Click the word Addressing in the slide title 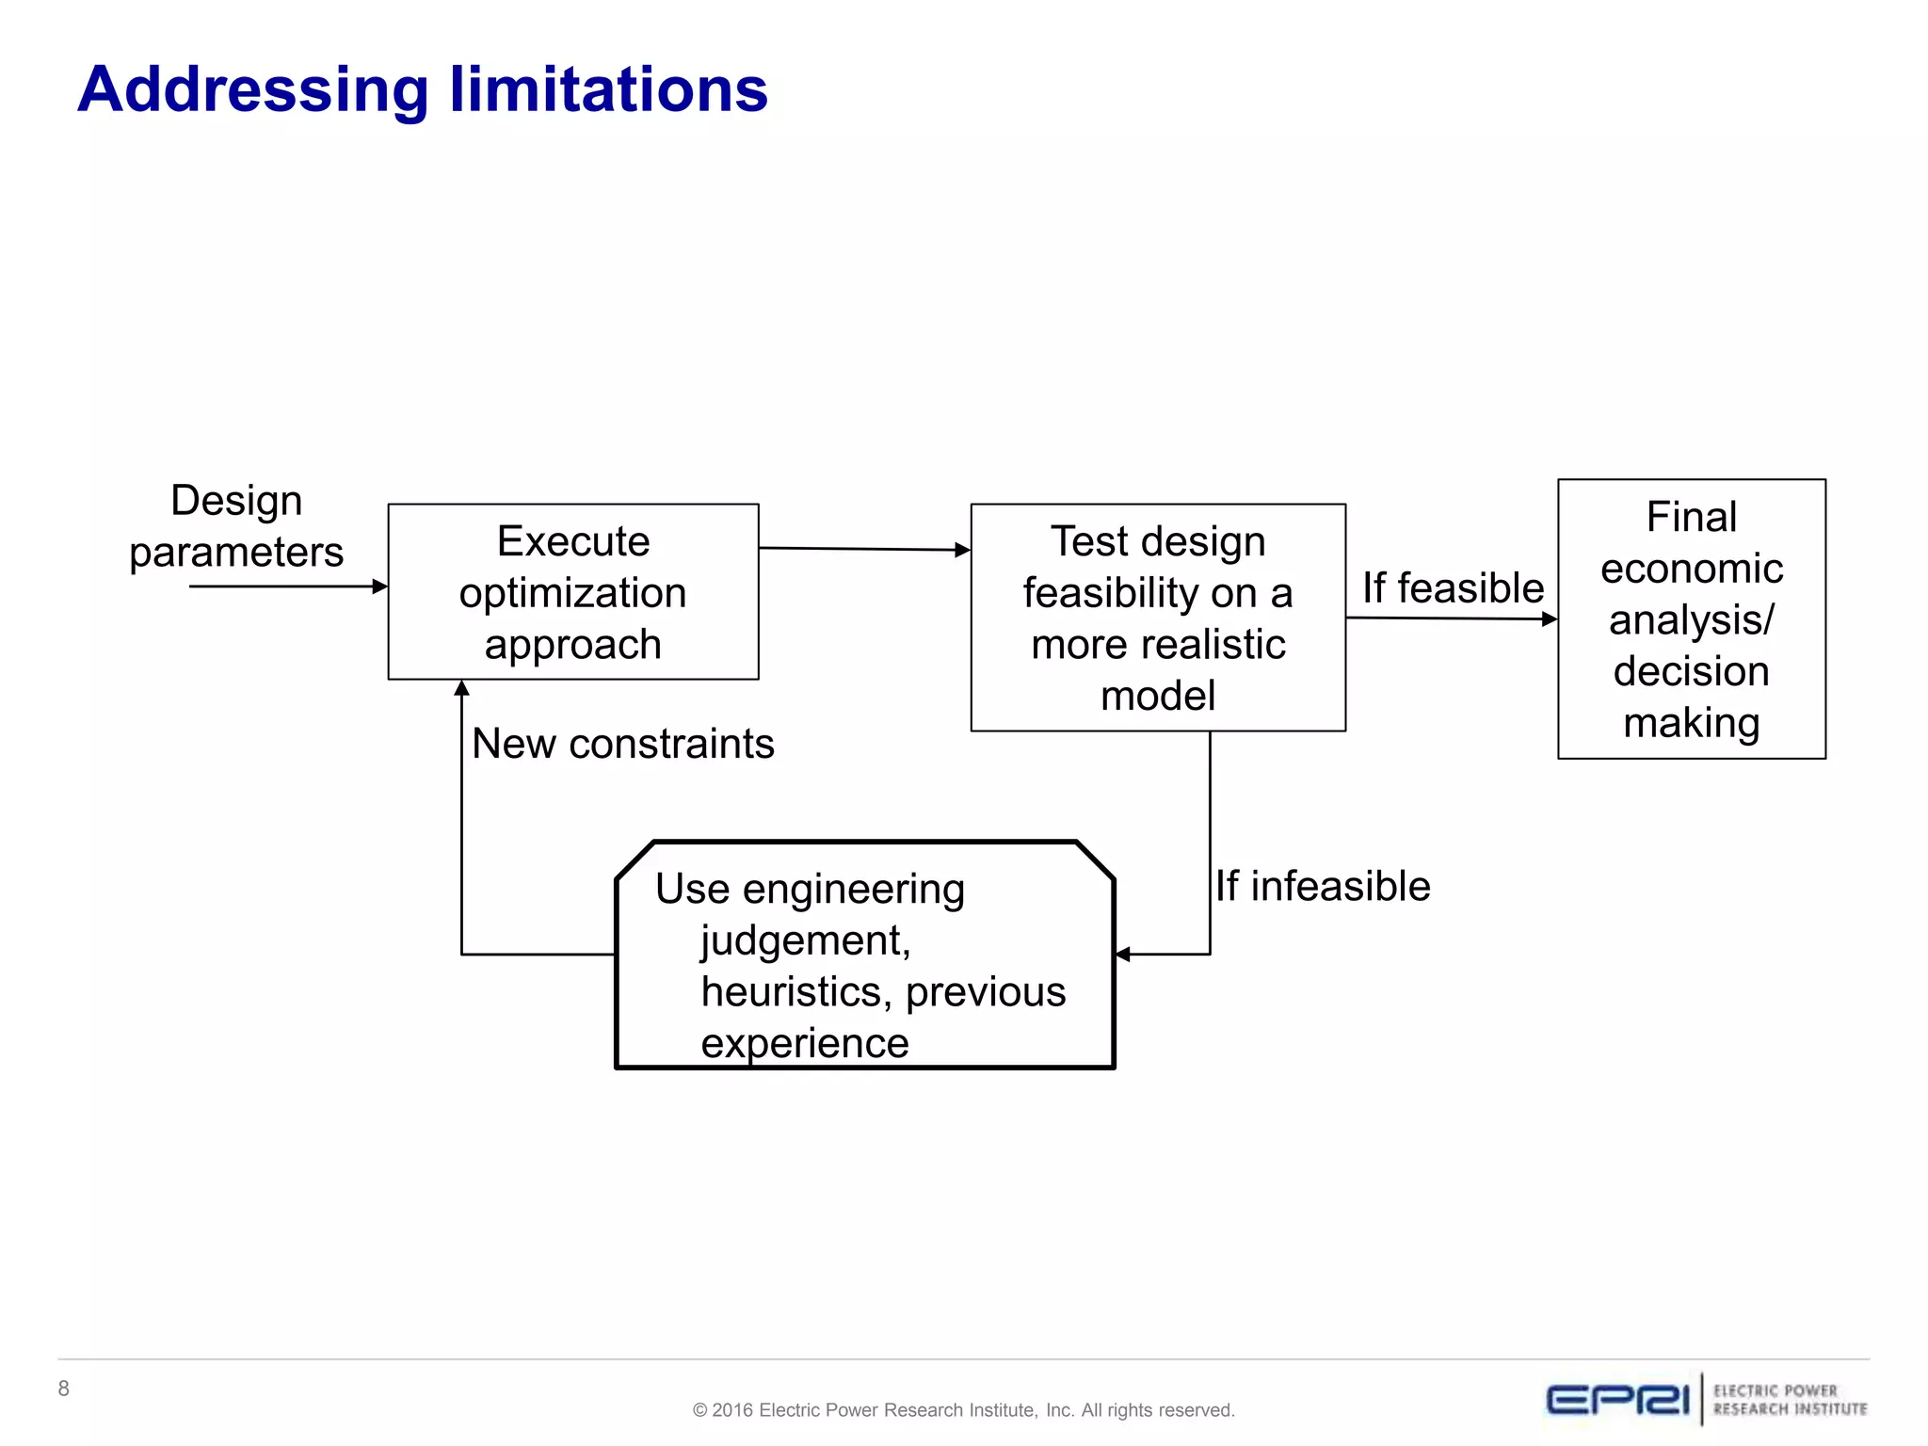(x=252, y=90)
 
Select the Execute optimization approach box (x=572, y=592)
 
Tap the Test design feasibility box (x=1157, y=618)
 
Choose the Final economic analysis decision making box (x=1691, y=619)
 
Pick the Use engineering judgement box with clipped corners (x=863, y=955)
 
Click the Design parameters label (x=236, y=526)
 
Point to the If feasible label (x=1452, y=588)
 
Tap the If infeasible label (x=1322, y=887)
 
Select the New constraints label (x=622, y=744)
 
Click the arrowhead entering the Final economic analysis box (x=1550, y=619)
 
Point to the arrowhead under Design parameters (x=380, y=586)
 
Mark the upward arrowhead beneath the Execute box (x=461, y=688)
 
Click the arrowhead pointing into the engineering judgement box (x=1122, y=955)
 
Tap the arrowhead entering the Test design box (x=962, y=550)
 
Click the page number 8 (x=63, y=1389)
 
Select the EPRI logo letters (x=1617, y=1400)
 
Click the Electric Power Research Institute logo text (x=1789, y=1400)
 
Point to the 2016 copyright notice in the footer (x=963, y=1410)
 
